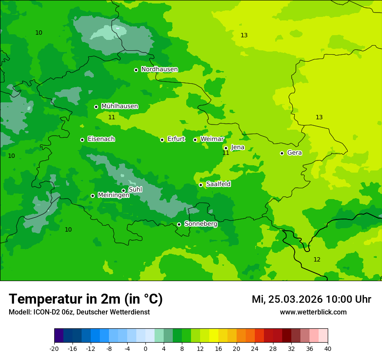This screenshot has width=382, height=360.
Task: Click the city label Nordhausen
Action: [x=159, y=69]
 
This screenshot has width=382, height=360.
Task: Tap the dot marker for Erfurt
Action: [x=162, y=140]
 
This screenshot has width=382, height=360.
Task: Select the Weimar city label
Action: [x=212, y=139]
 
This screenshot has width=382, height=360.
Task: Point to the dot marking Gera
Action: [x=282, y=153]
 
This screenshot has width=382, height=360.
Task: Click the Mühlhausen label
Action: [x=119, y=106]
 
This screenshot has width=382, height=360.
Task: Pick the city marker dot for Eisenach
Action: [x=82, y=140]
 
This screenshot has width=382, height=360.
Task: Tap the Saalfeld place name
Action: [x=218, y=184]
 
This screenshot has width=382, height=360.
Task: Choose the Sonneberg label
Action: [x=201, y=224]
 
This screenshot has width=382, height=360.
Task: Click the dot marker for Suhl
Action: [x=123, y=190]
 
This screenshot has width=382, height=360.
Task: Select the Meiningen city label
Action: [x=113, y=195]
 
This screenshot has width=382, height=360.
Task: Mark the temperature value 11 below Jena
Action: [x=226, y=153]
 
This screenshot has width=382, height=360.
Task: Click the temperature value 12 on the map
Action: [x=317, y=259]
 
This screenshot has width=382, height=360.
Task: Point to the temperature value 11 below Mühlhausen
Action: [x=112, y=117]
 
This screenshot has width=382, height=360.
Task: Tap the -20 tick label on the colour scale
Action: [x=54, y=348]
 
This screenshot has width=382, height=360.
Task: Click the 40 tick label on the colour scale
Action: [x=327, y=348]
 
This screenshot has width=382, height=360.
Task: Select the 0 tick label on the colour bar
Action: [x=145, y=348]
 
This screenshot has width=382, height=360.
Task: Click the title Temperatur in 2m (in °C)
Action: [x=86, y=299]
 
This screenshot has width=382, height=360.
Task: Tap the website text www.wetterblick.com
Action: [x=313, y=312]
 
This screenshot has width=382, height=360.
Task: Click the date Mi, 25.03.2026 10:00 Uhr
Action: [x=311, y=299]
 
